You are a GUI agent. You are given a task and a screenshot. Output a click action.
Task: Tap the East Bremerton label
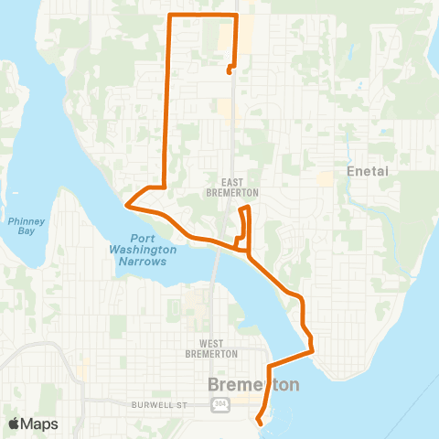(241, 187)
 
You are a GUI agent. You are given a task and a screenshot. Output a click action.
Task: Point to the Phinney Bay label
(20, 225)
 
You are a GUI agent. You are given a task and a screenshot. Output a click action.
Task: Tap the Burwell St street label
(163, 403)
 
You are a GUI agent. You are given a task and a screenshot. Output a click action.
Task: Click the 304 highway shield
(219, 403)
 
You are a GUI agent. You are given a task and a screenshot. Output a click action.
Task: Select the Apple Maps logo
(33, 423)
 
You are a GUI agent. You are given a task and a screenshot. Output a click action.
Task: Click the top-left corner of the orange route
(170, 16)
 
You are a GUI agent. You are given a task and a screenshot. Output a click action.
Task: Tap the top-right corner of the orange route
(237, 16)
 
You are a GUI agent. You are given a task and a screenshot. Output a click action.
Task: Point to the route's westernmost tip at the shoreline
(127, 207)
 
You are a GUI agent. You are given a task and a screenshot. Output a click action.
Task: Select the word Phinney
(20, 219)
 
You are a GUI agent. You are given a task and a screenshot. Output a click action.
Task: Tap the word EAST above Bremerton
(241, 182)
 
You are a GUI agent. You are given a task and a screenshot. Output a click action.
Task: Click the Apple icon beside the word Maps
(15, 423)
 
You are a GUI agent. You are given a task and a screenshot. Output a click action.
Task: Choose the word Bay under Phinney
(20, 231)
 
